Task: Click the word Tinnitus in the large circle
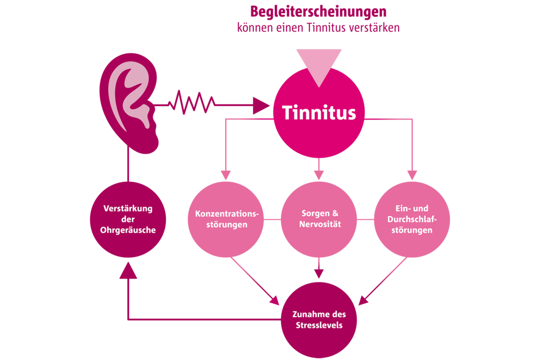[x=319, y=113]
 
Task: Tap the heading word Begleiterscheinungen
[x=319, y=11]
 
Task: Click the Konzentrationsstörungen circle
[x=226, y=219]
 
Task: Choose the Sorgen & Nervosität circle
[x=318, y=219]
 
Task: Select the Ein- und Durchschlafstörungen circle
[x=412, y=219]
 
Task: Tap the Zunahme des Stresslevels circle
[x=318, y=319]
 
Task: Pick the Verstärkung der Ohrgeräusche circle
[x=128, y=219]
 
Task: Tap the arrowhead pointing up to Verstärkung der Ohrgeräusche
[x=128, y=270]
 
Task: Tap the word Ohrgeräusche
[x=128, y=230]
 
